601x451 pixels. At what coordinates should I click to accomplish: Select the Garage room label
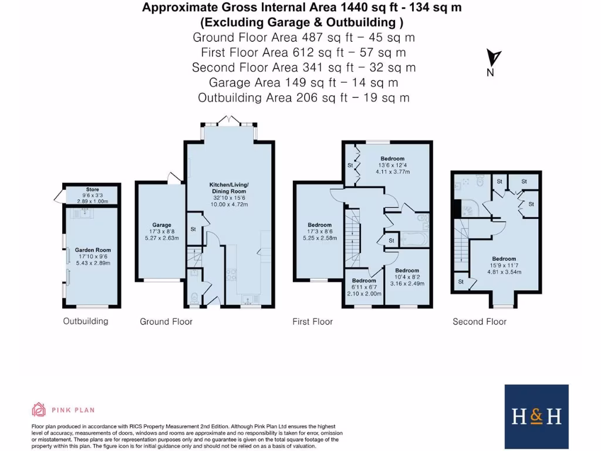tap(162, 225)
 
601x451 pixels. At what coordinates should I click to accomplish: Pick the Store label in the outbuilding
tap(93, 190)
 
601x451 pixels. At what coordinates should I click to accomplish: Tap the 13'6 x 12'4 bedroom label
tap(393, 159)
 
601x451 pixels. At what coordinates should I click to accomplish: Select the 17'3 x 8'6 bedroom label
tap(320, 225)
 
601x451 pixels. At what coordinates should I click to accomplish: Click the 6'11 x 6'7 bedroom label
tap(364, 281)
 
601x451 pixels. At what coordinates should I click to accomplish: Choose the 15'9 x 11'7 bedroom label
tap(504, 259)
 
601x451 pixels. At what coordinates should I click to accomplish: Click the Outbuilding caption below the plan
tap(86, 321)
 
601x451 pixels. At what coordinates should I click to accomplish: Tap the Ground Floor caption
tap(166, 322)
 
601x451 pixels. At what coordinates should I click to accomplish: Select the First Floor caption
tap(313, 322)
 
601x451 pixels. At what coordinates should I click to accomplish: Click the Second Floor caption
tap(480, 322)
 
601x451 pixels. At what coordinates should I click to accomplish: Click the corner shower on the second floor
tap(471, 207)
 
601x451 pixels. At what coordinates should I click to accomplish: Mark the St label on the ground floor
tap(193, 229)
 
